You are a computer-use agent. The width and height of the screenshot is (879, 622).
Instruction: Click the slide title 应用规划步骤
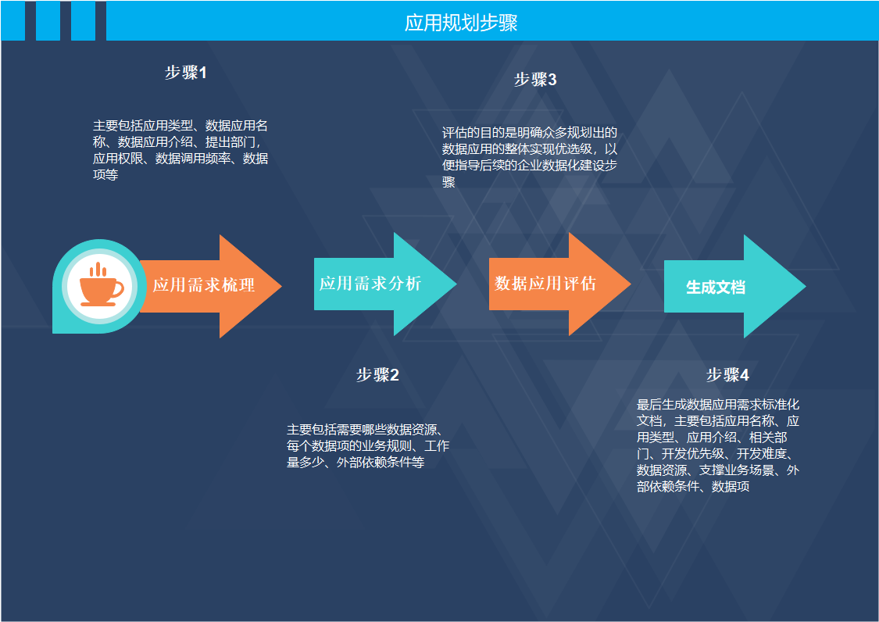point(461,23)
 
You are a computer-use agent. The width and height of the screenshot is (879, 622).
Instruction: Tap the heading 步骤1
point(186,73)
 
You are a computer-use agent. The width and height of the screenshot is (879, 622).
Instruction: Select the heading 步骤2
point(377,375)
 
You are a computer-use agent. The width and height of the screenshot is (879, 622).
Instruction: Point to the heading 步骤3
point(535,80)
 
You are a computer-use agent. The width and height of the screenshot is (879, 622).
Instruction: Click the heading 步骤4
point(727,375)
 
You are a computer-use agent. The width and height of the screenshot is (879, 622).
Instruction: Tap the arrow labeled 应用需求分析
point(375,284)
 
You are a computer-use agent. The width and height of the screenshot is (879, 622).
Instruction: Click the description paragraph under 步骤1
point(180,150)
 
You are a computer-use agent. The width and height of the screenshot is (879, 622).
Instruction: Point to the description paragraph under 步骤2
point(367,445)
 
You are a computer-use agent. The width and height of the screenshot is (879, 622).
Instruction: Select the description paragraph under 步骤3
point(530,157)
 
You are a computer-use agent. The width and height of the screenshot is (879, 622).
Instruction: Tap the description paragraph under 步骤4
point(718,445)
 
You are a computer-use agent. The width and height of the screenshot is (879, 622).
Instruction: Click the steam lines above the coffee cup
point(98,270)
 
